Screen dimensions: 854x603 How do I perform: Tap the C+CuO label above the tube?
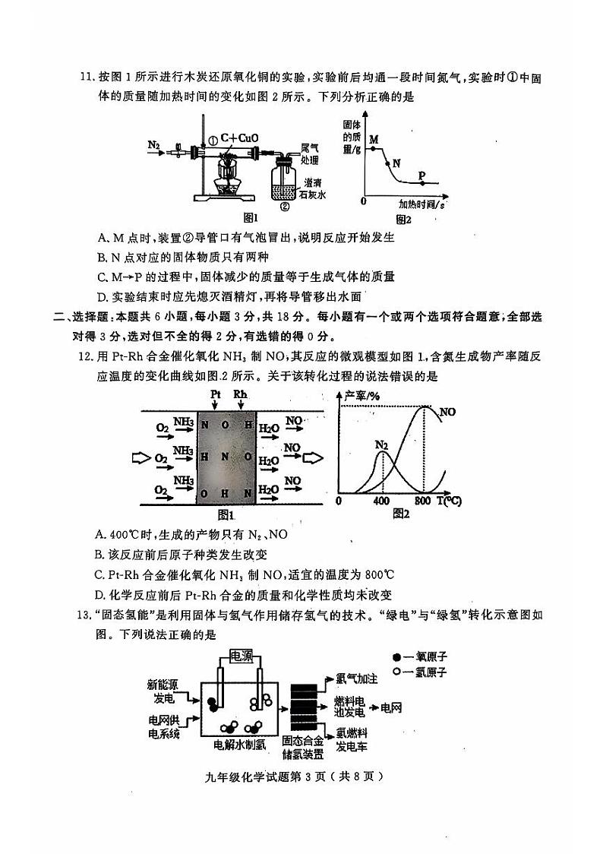[238, 138]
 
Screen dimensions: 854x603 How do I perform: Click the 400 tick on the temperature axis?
[381, 501]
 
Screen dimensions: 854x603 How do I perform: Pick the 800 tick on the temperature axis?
[423, 501]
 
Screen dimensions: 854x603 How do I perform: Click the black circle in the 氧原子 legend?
[396, 656]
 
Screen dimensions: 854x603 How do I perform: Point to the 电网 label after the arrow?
[392, 708]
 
